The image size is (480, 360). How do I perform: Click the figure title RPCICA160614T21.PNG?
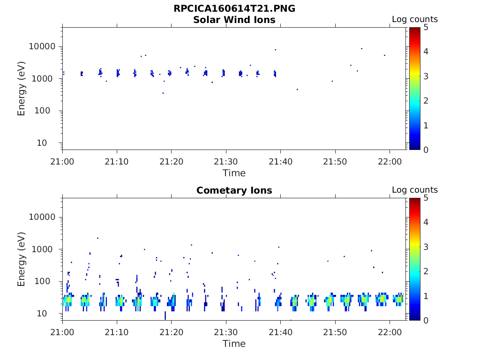point(234,8)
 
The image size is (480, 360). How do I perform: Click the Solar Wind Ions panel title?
point(234,20)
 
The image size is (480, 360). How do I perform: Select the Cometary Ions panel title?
point(234,190)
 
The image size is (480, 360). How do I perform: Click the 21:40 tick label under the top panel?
point(280,161)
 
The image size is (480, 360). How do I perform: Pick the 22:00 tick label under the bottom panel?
point(390,332)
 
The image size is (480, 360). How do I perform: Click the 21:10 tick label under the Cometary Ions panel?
point(117,332)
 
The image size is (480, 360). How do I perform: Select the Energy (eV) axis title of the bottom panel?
point(22,259)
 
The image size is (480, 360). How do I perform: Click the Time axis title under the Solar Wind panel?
point(234,173)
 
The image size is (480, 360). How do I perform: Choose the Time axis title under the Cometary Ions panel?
point(234,344)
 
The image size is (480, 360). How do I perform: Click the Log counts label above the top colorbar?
point(414,19)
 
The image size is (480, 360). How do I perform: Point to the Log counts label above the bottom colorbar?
point(414,190)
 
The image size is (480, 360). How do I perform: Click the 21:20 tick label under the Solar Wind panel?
point(171,161)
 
